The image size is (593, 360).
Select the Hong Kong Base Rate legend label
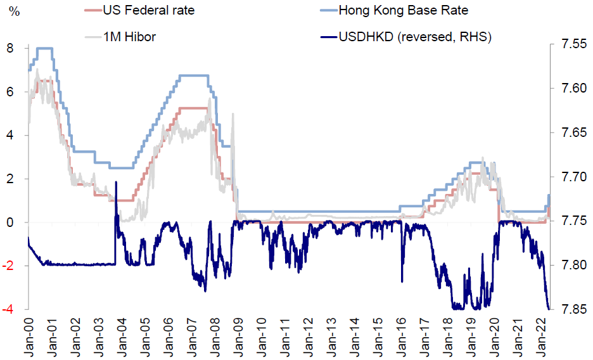[403, 10]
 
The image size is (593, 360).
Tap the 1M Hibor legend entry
[129, 37]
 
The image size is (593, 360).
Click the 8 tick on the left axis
[11, 48]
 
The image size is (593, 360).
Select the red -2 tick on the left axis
[10, 266]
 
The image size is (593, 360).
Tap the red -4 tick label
[10, 309]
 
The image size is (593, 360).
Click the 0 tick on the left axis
[11, 222]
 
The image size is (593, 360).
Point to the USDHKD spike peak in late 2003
[116, 183]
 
